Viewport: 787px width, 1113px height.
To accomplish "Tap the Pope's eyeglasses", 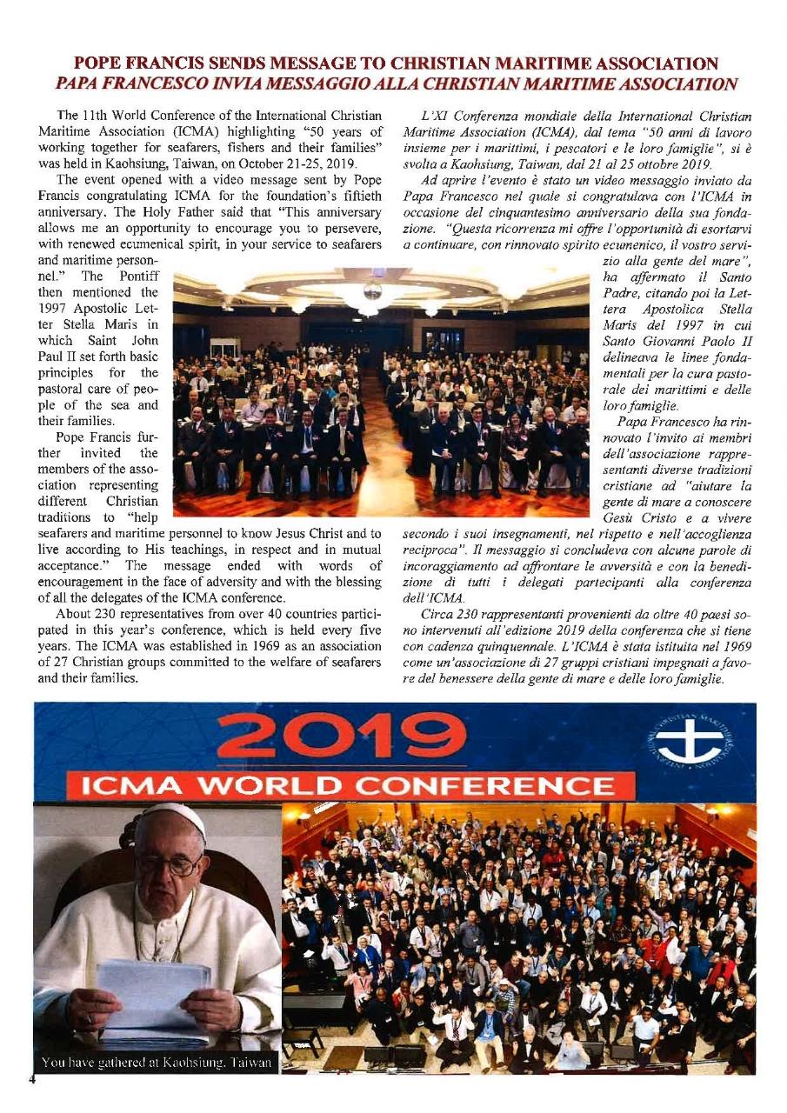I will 170,865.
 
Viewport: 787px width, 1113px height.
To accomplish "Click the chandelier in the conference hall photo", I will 370,296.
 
